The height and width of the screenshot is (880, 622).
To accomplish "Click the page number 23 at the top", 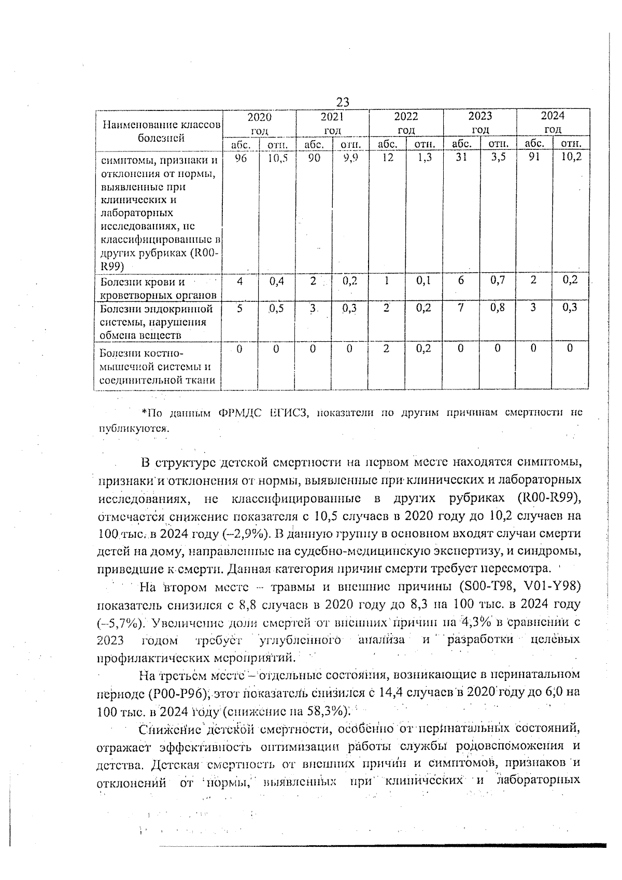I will coord(342,102).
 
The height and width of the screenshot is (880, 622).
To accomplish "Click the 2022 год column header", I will coord(406,122).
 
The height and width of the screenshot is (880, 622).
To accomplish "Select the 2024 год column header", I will coord(553,122).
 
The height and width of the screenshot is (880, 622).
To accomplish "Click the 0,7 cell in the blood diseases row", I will coord(498,281).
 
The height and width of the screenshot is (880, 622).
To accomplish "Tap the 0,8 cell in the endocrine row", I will coord(498,308).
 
